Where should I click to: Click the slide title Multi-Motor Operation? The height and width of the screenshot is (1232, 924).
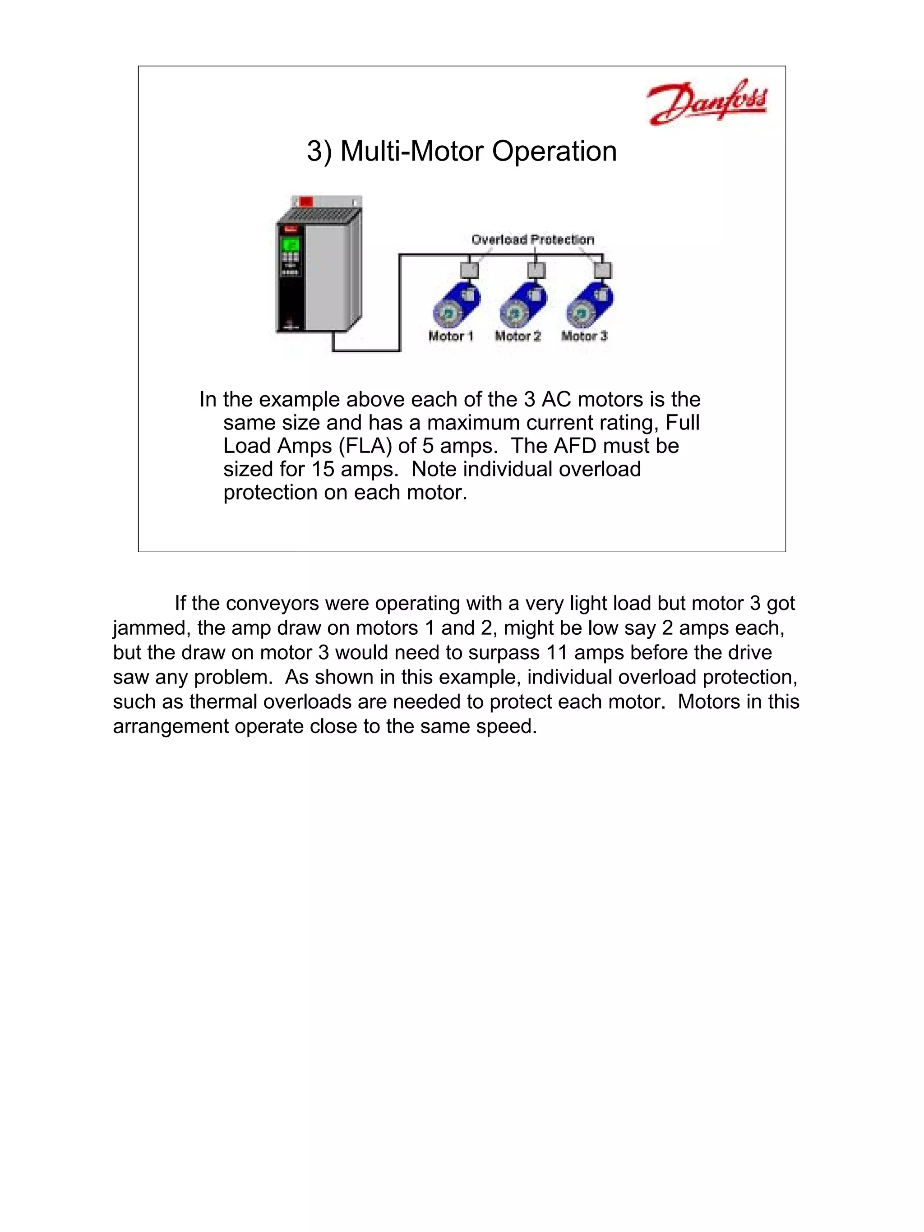click(462, 151)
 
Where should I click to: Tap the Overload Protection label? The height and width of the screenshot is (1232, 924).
click(532, 240)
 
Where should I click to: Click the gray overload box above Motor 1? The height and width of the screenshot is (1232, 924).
click(470, 270)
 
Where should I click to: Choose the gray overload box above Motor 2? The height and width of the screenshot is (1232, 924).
click(536, 270)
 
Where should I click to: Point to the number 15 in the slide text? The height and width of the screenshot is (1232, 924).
click(323, 470)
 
